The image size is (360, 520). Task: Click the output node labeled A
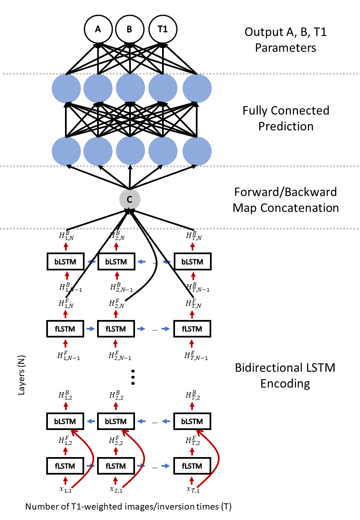pos(98,29)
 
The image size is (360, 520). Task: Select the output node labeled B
pos(130,29)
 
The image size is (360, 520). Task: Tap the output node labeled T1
pos(162,29)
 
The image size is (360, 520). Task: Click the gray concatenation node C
pos(130,200)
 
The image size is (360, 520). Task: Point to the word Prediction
pos(286,126)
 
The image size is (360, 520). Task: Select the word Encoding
pos(285,383)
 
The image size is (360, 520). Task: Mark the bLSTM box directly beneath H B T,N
pos(192,262)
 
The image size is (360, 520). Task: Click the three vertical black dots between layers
pos(133,377)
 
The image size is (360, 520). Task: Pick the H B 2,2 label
pos(116,395)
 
